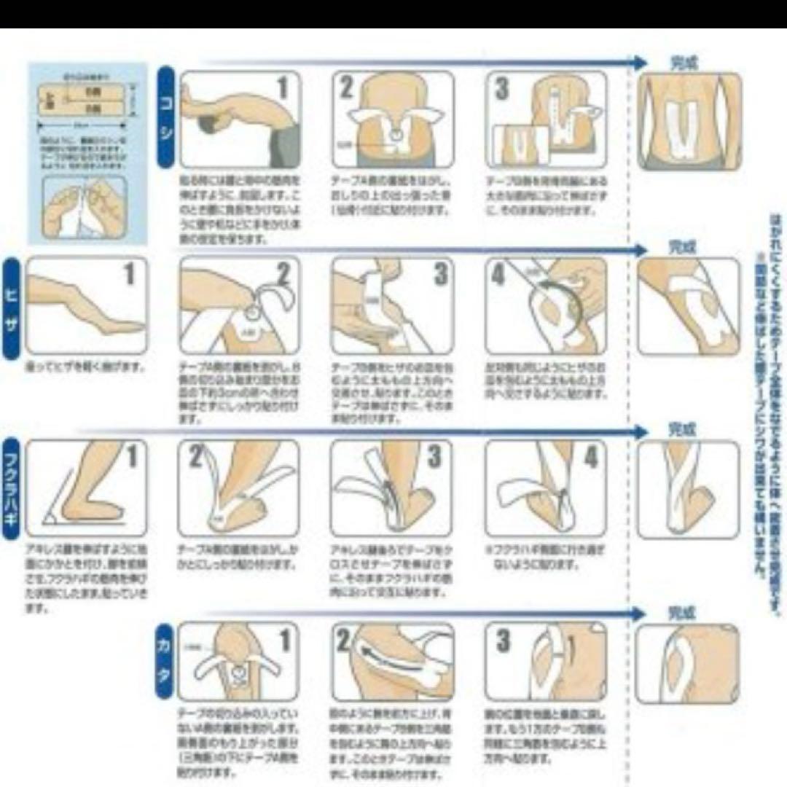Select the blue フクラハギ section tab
(x=12, y=487)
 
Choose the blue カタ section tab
(x=165, y=659)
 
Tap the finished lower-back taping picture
(x=689, y=120)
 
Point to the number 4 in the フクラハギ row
(x=591, y=458)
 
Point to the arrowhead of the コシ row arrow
(x=640, y=63)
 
